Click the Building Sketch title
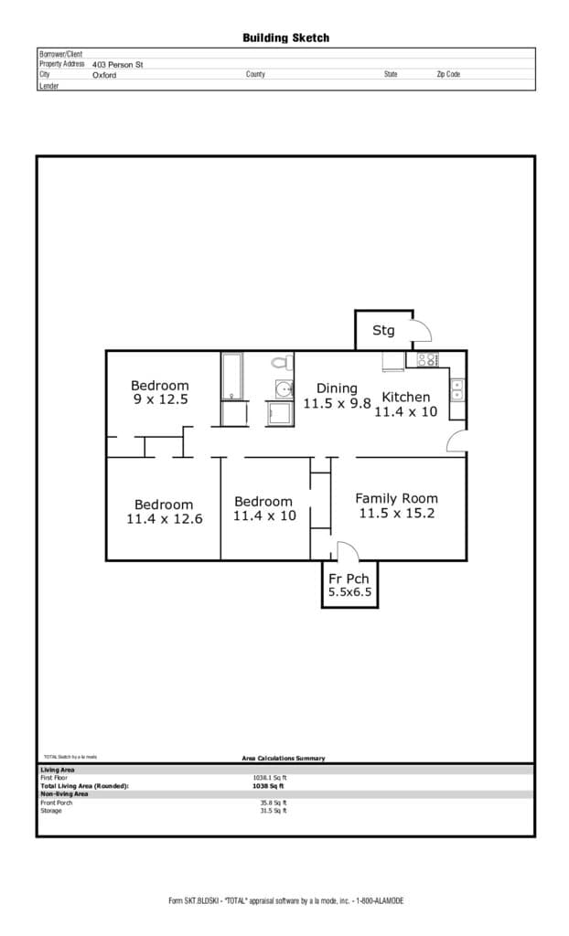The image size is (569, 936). pos(285,37)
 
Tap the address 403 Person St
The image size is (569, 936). pos(118,65)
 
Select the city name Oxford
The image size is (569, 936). pos(104,75)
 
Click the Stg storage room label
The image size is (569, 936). pos(383,330)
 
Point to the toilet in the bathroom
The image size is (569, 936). pos(281,363)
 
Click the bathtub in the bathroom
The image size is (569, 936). pos(233,377)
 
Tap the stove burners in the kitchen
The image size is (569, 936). pos(427,359)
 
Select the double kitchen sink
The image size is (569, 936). pos(456,389)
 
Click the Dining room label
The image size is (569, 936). pos(337,388)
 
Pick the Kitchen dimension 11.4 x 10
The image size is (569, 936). pos(405,412)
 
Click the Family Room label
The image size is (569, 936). pos(396,498)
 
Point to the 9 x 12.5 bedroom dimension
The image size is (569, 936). pos(160,399)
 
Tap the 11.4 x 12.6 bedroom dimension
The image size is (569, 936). pos(164,518)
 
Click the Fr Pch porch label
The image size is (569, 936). pos(349,578)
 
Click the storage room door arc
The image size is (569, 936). pos(422,330)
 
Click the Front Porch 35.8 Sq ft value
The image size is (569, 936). pos(273,803)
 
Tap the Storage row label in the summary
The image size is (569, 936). pos(51,811)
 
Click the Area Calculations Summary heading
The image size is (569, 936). pos(283,758)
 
